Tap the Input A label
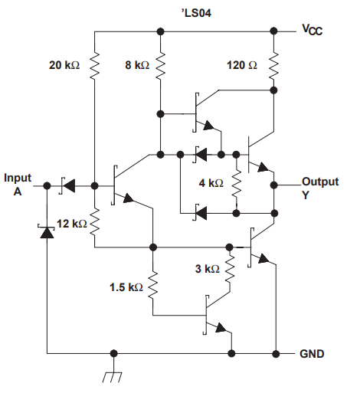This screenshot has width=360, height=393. (18, 184)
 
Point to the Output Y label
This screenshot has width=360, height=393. (320, 188)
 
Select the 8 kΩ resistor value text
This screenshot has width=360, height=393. (137, 66)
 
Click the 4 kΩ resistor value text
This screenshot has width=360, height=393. (211, 184)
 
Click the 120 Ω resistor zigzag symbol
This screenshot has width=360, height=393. (273, 67)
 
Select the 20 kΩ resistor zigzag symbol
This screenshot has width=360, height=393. (93, 67)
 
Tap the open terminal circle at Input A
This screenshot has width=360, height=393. (46, 186)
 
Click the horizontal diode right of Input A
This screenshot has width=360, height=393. (69, 186)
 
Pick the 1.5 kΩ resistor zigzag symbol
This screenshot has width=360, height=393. (153, 288)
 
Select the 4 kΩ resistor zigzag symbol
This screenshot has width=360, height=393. (237, 184)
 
